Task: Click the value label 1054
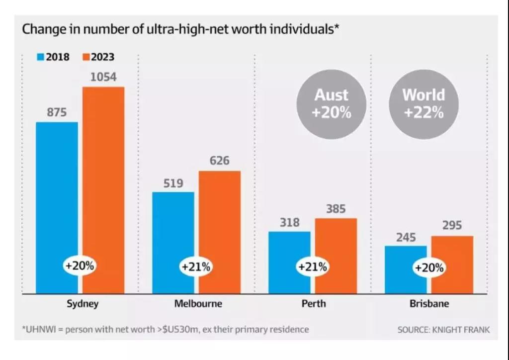point(103,77)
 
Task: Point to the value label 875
point(57,112)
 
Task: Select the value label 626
point(219,161)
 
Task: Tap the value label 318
point(289,222)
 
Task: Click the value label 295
point(452,226)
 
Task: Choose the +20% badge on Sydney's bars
point(79,266)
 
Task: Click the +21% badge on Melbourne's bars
point(196,267)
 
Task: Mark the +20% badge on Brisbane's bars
point(429,267)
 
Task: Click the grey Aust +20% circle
point(332,104)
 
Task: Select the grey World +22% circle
point(424,104)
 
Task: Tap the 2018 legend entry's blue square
point(40,57)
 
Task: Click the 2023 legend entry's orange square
point(85,57)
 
